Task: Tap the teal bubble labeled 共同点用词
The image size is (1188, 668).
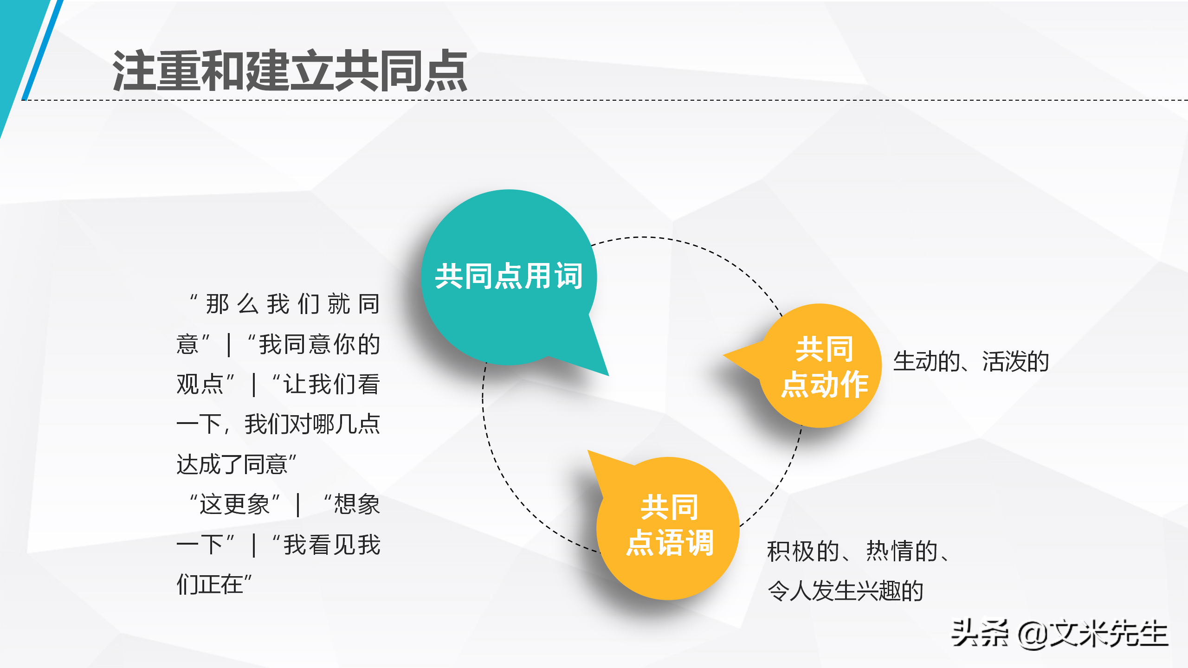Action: (x=509, y=276)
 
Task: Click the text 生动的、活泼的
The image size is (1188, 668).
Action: (x=971, y=361)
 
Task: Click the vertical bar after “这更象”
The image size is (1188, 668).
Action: (x=298, y=505)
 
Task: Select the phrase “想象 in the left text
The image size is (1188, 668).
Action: (x=352, y=504)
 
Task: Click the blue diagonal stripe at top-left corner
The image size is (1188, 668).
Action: (x=42, y=51)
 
